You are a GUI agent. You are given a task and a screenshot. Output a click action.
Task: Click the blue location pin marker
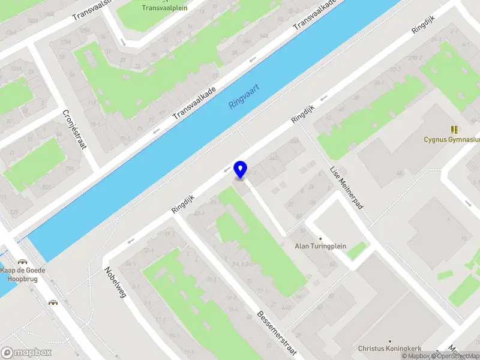(x=241, y=170)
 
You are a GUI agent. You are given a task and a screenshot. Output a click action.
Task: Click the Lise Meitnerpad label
(x=346, y=188)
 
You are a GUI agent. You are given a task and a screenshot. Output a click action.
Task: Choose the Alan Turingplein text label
(x=319, y=246)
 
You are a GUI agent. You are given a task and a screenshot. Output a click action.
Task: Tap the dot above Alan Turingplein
(x=320, y=238)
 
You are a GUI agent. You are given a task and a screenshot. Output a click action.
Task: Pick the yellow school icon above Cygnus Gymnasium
(x=454, y=130)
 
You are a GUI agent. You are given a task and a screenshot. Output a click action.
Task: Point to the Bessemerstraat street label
(x=277, y=332)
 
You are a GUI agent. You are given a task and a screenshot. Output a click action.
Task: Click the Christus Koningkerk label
(x=389, y=348)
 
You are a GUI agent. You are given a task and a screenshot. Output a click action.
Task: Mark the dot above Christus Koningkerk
(x=389, y=340)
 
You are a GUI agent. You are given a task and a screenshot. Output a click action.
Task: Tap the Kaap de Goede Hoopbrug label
(x=24, y=274)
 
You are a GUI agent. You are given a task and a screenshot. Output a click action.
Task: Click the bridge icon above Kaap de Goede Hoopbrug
(x=23, y=262)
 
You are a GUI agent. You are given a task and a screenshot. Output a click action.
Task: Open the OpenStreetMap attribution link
(x=457, y=356)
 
